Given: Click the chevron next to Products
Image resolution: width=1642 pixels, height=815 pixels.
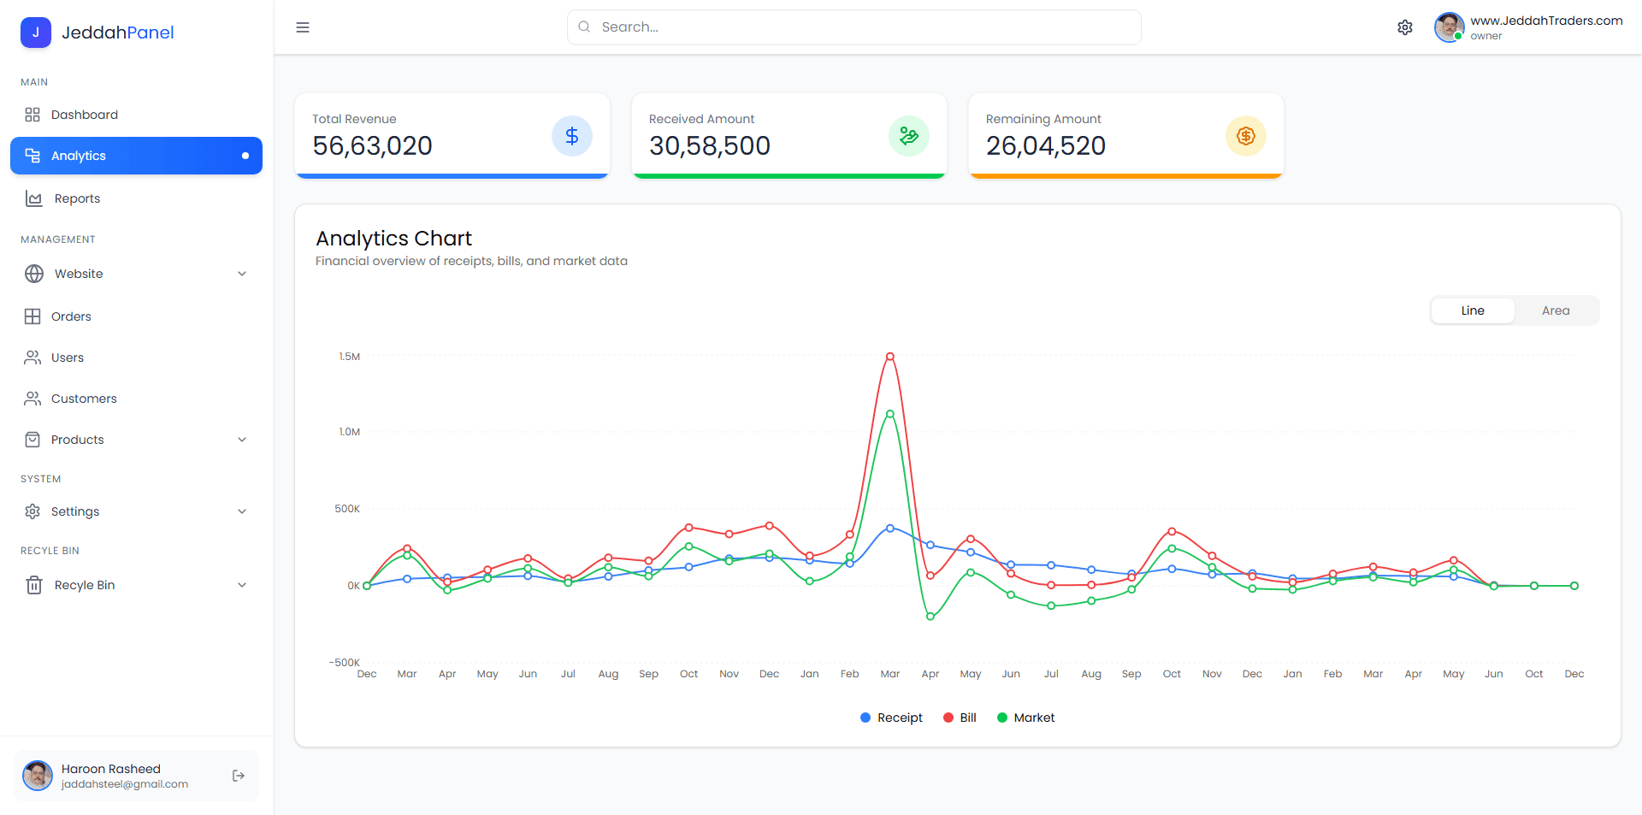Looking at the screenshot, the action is coord(242,440).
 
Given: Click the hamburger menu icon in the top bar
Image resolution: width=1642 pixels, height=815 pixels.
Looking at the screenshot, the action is coord(303,27).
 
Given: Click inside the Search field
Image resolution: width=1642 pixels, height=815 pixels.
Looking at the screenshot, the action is coord(853,27).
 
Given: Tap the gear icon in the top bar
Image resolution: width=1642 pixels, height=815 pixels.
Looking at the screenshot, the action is coord(1405,27).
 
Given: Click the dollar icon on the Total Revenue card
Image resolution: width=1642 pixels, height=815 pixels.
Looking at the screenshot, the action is coord(572,136).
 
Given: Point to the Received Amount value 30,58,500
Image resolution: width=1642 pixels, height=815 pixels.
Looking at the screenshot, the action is coord(710,146).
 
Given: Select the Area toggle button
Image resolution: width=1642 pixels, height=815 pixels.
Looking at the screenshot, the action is coord(1556,310).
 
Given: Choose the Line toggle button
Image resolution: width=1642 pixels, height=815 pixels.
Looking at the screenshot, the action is coord(1473,310).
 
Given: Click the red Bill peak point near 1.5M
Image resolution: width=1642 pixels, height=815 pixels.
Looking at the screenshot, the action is coord(890,357).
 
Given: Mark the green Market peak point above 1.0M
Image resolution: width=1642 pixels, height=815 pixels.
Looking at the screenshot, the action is coord(890,414).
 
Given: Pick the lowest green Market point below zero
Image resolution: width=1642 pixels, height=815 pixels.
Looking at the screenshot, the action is coord(930,616).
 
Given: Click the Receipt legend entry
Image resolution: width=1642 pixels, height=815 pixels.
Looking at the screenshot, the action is coord(891,718).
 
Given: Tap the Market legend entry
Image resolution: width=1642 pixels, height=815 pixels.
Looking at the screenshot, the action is coord(1025,718).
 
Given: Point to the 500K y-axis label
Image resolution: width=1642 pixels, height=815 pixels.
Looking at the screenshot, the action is coord(347,509).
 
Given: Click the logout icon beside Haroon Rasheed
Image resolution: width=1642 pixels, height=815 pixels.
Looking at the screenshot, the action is coord(239,776).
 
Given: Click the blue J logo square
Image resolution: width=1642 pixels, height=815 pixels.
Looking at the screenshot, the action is coord(36,32).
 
